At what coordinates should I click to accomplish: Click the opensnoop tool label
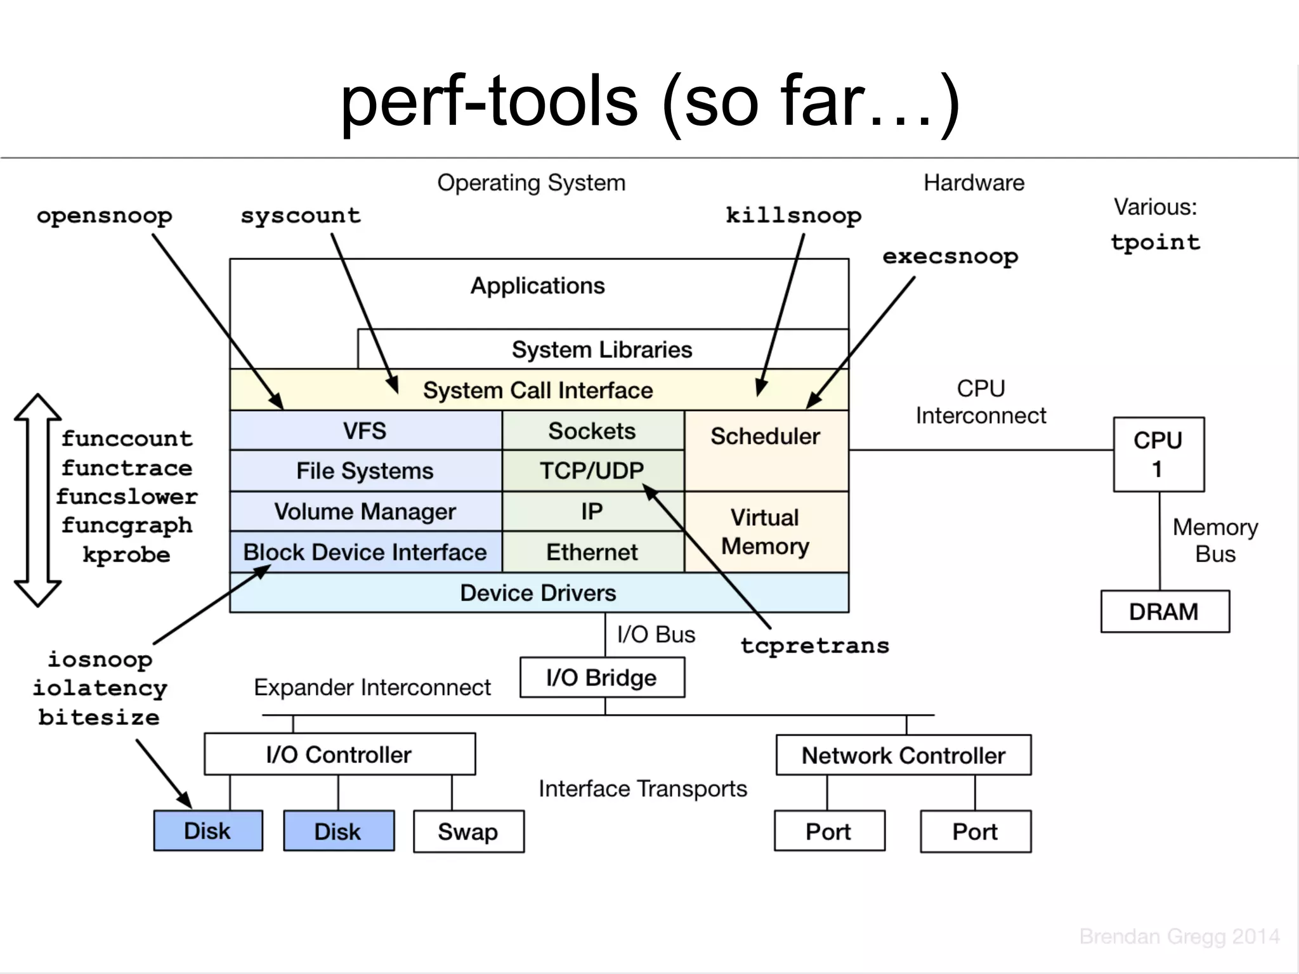coord(105,216)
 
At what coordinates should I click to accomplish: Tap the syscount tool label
coord(301,216)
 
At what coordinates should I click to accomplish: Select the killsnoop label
coord(793,216)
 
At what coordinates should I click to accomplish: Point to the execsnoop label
coord(950,257)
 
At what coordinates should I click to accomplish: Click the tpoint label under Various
coord(1155,242)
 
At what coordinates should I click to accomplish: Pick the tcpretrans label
coord(815,646)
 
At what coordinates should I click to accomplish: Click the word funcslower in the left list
coord(127,497)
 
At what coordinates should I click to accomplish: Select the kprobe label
coord(127,555)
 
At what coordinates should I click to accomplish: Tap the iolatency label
coord(100,688)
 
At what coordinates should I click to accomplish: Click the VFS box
coord(365,431)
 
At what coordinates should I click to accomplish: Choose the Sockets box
coord(592,431)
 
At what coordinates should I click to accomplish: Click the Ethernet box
coord(592,552)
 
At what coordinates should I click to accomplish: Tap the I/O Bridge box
coord(602,678)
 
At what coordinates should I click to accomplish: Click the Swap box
coord(469,831)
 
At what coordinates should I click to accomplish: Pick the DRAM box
coord(1165,612)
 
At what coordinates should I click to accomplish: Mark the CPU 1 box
coord(1158,455)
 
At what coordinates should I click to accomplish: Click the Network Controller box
coord(903,755)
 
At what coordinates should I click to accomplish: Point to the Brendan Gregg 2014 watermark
coord(1179,937)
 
